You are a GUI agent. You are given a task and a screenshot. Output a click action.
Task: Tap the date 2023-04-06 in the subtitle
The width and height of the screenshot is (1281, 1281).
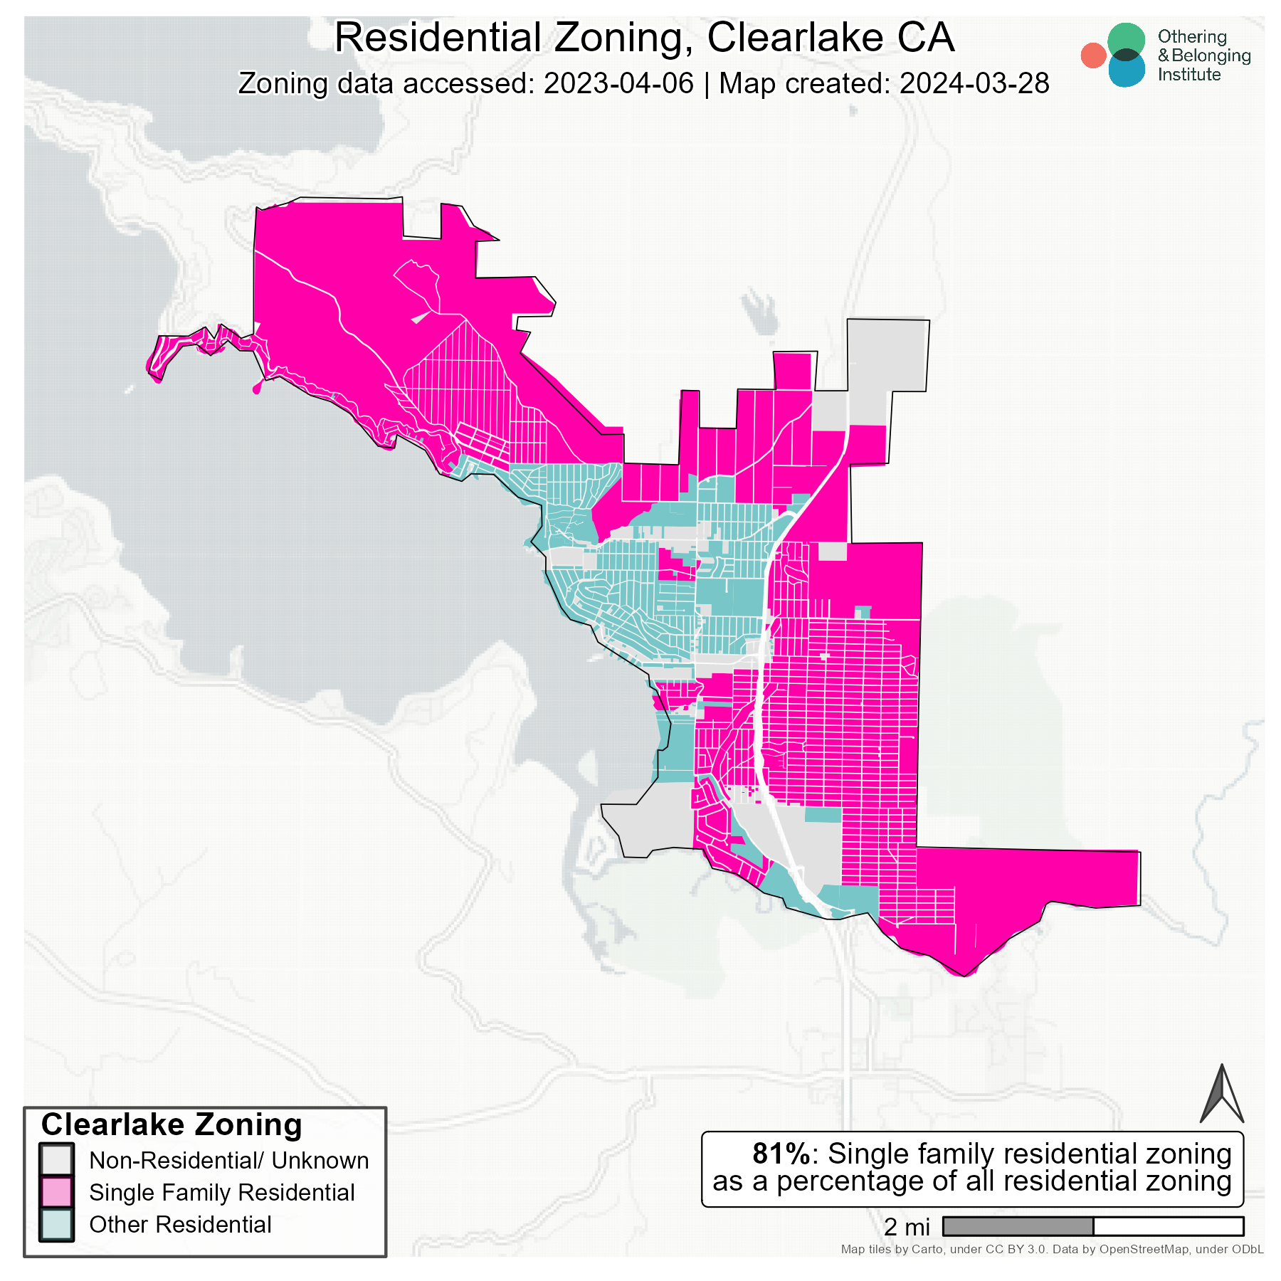tap(618, 83)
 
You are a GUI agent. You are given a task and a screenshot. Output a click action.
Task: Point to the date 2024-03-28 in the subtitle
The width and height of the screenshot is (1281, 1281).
tap(974, 83)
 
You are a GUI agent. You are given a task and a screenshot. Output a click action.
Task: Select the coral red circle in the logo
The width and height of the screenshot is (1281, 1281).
tap(1092, 56)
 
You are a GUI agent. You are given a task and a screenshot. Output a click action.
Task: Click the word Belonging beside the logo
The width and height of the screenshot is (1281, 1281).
tap(1211, 56)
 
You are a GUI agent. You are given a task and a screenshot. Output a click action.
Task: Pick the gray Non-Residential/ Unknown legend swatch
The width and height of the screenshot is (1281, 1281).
tap(56, 1160)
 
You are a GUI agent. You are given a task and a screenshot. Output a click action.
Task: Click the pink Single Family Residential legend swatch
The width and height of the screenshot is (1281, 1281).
tap(56, 1192)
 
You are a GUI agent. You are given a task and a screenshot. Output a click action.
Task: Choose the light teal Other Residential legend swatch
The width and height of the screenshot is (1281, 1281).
tap(56, 1224)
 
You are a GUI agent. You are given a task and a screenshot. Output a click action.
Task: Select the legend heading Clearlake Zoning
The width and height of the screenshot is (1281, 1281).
tap(172, 1125)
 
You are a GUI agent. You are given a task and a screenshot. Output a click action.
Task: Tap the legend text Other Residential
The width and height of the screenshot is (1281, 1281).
tap(180, 1224)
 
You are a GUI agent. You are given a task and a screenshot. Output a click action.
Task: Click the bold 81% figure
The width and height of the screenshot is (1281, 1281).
tap(781, 1154)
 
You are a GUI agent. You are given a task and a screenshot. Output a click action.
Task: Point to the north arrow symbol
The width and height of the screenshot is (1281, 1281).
tap(1221, 1096)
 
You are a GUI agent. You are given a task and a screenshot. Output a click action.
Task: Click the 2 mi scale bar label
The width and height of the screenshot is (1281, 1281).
tap(907, 1226)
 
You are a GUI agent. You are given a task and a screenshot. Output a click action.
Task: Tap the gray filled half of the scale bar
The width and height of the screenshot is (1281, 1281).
tap(1018, 1226)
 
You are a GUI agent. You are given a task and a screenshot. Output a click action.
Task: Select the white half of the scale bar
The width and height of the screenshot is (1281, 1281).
tap(1168, 1226)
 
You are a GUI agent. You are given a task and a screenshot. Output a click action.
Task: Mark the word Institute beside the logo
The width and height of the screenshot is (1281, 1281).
tap(1188, 74)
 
